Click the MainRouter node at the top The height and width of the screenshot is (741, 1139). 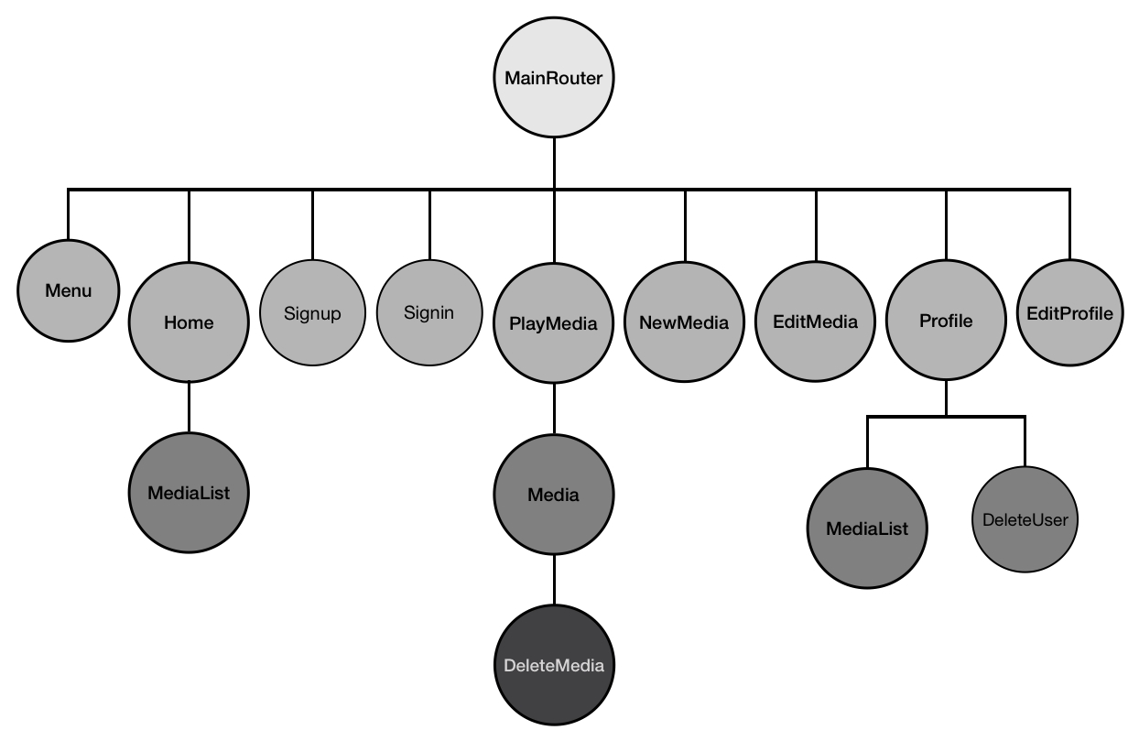[x=554, y=77]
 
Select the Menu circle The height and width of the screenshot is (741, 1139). [x=68, y=290]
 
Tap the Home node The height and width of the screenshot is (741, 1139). [x=189, y=321]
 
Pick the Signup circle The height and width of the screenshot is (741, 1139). [x=312, y=312]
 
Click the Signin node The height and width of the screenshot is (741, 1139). [x=429, y=312]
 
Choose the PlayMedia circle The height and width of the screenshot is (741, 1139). [x=554, y=323]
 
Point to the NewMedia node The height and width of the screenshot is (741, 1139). [x=685, y=321]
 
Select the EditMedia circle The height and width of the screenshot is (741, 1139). [x=815, y=321]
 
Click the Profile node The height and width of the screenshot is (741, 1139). [x=946, y=320]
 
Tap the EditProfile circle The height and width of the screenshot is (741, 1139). [x=1069, y=312]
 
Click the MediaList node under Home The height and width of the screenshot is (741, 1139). [x=189, y=492]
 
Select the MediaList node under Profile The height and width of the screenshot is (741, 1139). [x=867, y=528]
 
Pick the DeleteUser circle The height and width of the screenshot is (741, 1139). [x=1025, y=519]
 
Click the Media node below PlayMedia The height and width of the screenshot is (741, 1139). [x=554, y=495]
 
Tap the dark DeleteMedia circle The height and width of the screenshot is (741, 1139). [x=554, y=665]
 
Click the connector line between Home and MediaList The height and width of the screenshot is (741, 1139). [x=190, y=407]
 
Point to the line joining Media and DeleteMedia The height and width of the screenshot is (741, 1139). [x=554, y=580]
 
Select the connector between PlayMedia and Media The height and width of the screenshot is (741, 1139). [x=554, y=409]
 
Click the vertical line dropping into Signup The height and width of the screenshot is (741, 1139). [x=313, y=224]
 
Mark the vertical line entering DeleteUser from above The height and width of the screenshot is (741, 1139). [x=1025, y=441]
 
